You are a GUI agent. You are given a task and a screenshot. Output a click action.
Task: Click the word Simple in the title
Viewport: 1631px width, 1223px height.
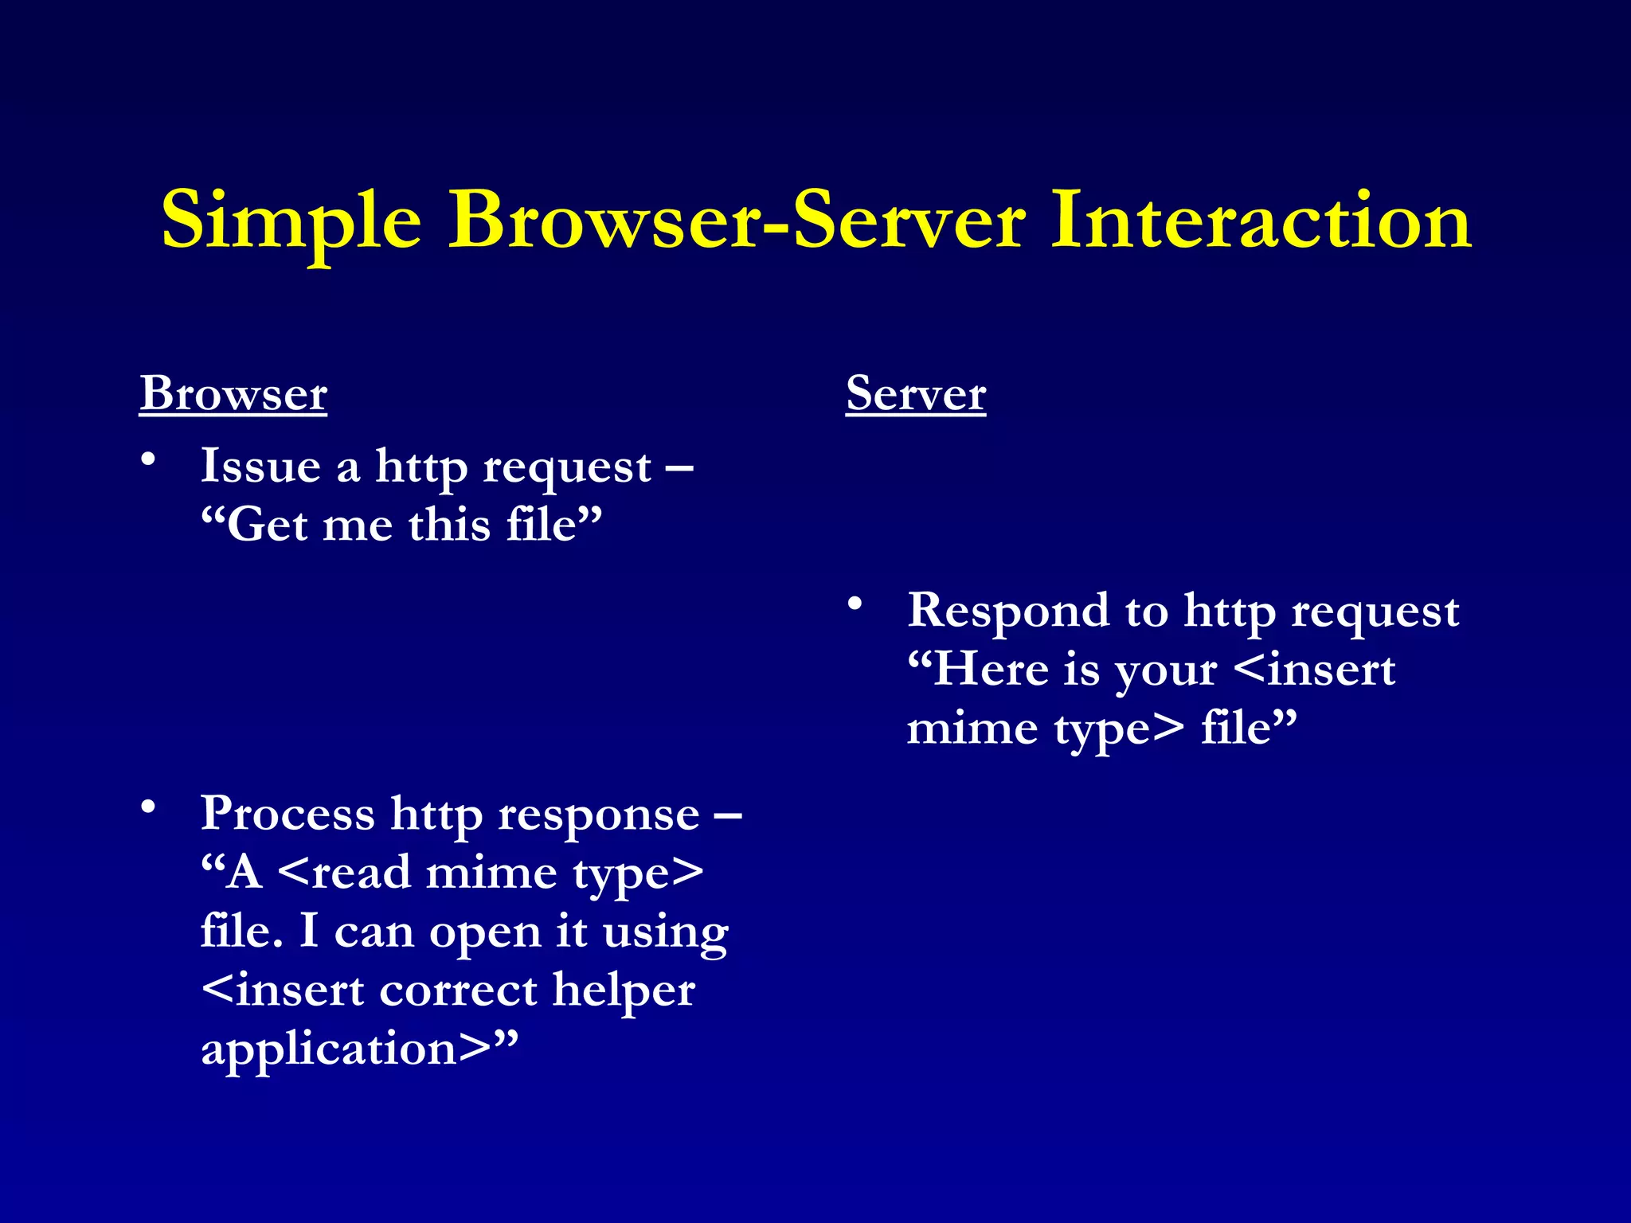[x=291, y=222]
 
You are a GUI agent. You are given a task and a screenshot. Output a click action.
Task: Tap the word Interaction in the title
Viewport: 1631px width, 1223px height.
[x=1261, y=221]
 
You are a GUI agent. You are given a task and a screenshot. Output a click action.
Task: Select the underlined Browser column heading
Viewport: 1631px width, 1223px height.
[x=233, y=393]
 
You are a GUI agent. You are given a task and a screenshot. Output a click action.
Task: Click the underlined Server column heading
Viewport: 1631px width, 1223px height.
[x=916, y=393]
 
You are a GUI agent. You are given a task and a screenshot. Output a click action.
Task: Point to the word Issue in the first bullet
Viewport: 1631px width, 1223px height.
[x=260, y=466]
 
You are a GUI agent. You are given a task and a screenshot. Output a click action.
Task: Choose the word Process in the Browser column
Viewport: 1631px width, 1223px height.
[x=287, y=814]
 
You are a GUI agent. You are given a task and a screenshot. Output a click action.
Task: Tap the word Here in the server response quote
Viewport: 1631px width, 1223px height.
[x=991, y=669]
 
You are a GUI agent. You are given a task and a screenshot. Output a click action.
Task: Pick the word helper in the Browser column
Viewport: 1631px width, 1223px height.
[x=624, y=991]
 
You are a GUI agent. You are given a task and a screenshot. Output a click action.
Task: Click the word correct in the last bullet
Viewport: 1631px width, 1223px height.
[x=458, y=991]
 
